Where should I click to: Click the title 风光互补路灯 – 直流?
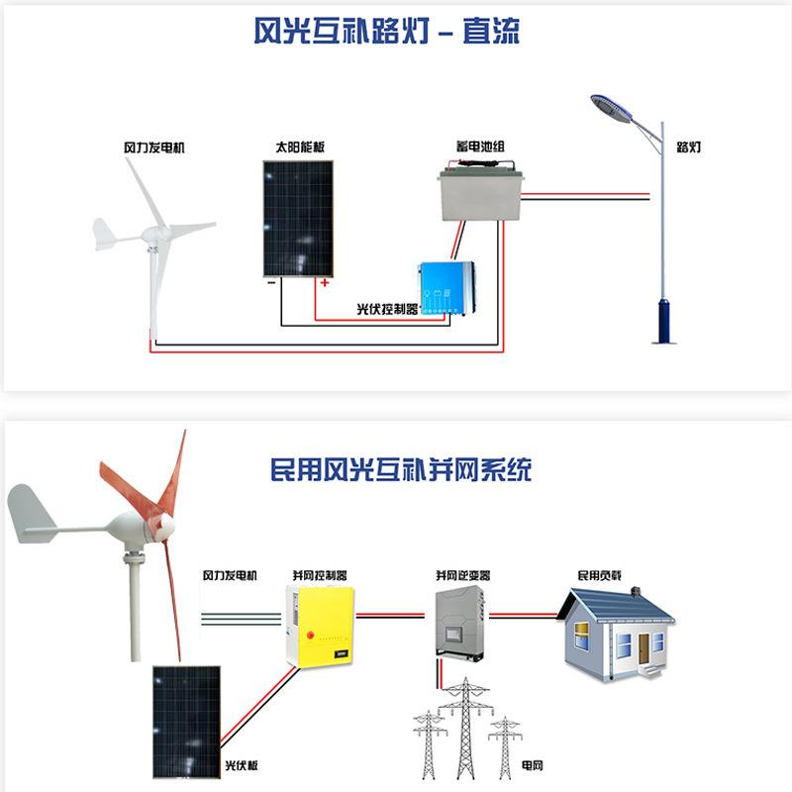386,33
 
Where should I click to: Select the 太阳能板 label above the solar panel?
299,148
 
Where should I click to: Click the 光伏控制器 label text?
387,310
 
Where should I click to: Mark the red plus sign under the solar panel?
323,283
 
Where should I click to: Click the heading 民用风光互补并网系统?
400,468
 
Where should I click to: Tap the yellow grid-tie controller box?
321,624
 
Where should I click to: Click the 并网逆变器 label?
462,574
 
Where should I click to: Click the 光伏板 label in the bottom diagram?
242,766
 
